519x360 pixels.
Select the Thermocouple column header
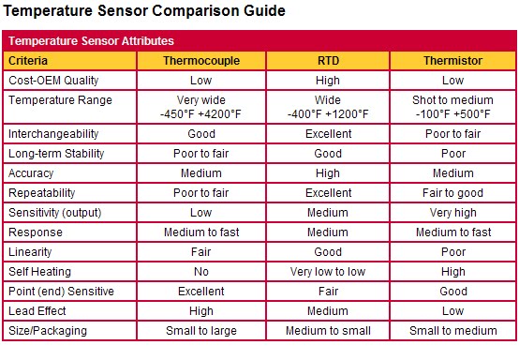click(x=200, y=61)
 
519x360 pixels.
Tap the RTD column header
click(x=327, y=61)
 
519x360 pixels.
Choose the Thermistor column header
click(x=452, y=61)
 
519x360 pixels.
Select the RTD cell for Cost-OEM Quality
click(x=327, y=81)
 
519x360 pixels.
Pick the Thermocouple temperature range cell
click(x=200, y=108)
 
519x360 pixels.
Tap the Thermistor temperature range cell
click(x=452, y=108)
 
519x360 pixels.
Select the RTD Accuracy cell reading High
click(x=327, y=173)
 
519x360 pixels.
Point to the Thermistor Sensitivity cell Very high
click(x=452, y=213)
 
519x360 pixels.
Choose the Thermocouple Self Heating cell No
click(x=200, y=272)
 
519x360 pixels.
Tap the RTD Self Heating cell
click(x=327, y=272)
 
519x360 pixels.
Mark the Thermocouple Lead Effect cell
click(x=200, y=311)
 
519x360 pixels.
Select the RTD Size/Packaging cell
click(x=327, y=331)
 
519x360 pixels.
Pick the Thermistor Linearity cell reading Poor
click(x=452, y=252)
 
